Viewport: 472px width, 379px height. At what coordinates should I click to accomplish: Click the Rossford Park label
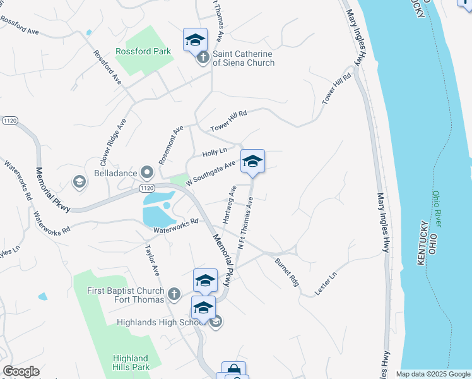(x=143, y=51)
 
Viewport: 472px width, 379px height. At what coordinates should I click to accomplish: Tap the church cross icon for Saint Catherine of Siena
(x=203, y=58)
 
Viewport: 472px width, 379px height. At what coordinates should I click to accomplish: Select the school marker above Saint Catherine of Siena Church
(x=195, y=39)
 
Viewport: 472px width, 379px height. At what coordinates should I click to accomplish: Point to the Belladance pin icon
(x=147, y=172)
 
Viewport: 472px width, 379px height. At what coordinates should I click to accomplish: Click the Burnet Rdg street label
(x=286, y=271)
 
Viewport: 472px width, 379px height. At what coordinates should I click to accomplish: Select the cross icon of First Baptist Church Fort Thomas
(x=174, y=294)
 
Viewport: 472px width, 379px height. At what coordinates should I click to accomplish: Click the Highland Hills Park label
(x=131, y=363)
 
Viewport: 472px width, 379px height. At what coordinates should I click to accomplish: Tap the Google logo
(x=21, y=371)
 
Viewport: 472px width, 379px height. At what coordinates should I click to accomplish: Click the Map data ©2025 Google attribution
(x=433, y=374)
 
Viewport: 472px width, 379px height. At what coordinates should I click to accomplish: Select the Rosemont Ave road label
(x=170, y=145)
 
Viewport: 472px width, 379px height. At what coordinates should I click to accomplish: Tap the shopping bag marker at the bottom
(x=233, y=370)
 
